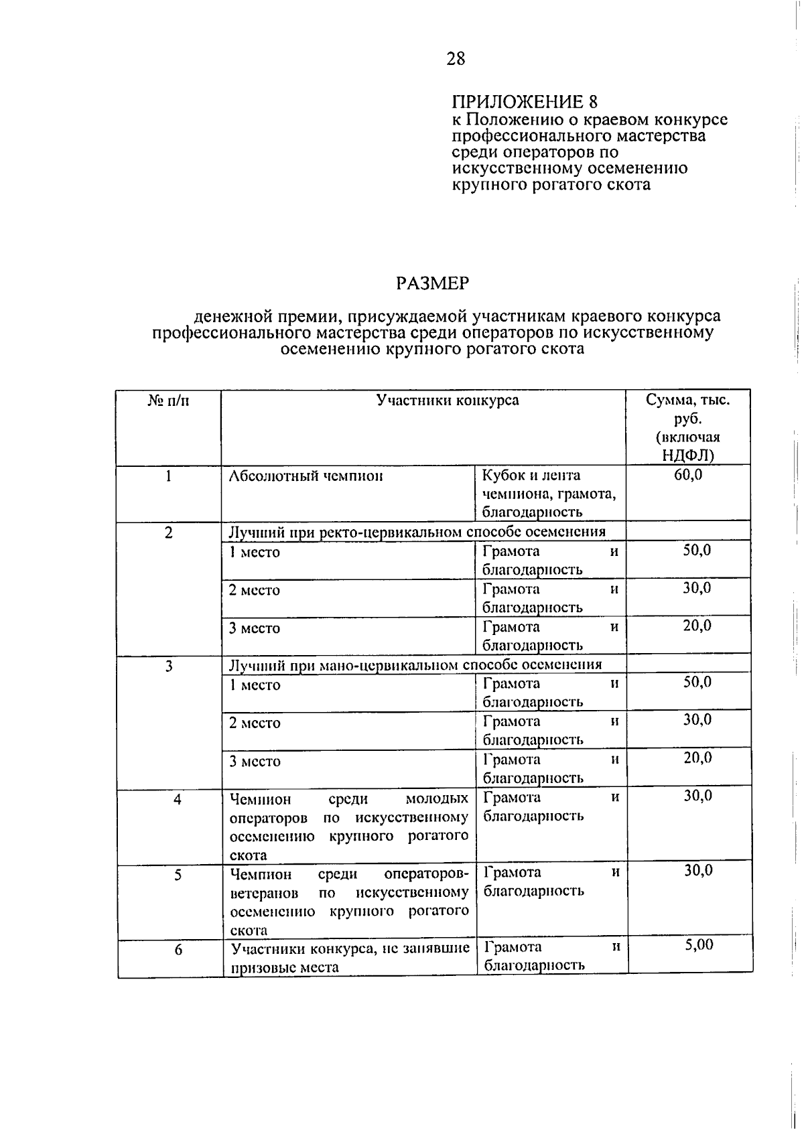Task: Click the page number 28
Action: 456,59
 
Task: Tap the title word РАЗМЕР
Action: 432,283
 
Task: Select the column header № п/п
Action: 168,401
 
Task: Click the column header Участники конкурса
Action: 447,401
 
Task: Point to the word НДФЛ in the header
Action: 687,455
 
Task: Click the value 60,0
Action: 688,476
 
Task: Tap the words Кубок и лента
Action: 531,476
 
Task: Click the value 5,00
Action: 699,945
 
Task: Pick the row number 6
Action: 178,950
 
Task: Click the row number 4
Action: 178,800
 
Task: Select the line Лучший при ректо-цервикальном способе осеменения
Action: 417,533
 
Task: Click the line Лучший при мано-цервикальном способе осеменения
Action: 415,665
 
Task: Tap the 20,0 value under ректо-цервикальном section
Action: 697,626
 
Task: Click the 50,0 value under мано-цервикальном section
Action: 697,683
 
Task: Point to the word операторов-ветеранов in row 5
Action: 426,875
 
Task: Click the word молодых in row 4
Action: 437,799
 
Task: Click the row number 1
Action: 169,476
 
